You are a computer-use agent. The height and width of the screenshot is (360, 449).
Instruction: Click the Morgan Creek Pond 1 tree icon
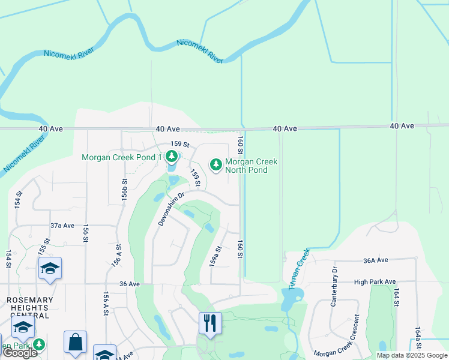tap(172, 157)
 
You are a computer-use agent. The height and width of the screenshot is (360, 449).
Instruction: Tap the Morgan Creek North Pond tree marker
tap(215, 164)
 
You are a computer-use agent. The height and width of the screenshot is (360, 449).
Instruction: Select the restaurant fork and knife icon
tap(209, 323)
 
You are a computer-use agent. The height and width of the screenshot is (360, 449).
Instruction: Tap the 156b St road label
tap(125, 189)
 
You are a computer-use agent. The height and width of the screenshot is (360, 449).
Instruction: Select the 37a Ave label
tap(62, 226)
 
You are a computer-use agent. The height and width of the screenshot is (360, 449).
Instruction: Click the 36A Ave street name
tap(376, 260)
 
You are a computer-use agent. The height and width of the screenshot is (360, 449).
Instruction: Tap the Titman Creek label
tap(298, 269)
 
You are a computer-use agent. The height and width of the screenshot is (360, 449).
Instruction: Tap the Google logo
tap(20, 353)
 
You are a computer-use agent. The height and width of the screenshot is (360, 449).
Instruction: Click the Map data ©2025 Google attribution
tap(411, 355)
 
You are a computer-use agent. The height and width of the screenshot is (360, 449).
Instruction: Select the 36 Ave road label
tap(130, 284)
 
